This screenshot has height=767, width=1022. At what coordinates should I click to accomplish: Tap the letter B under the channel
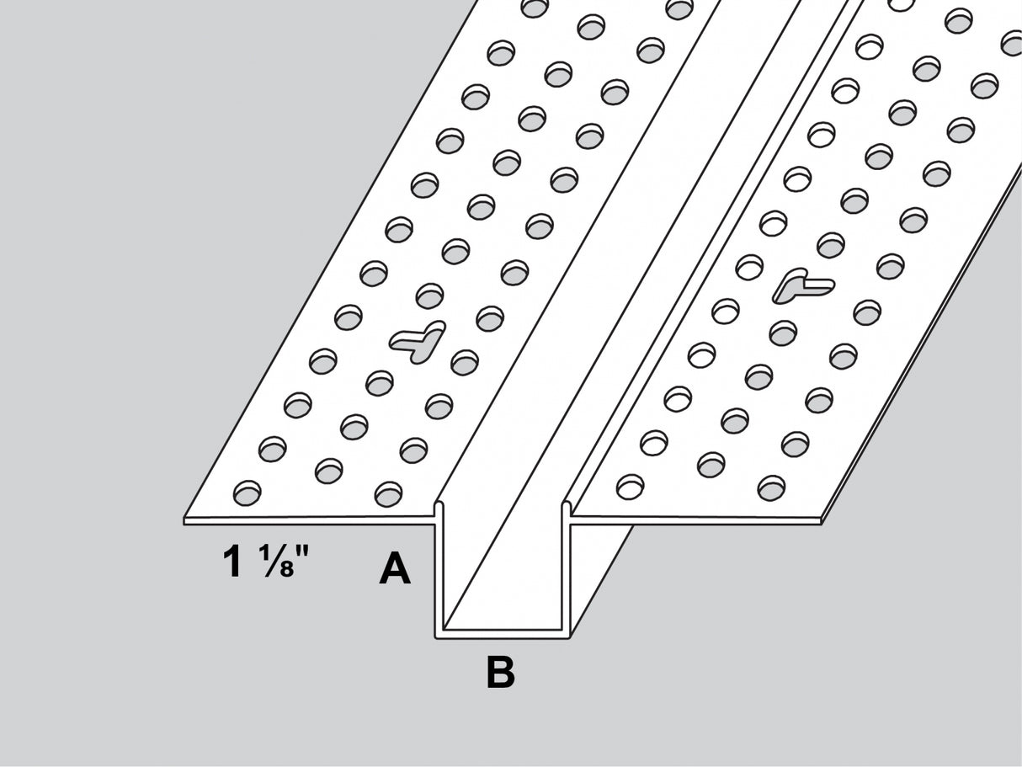click(x=501, y=672)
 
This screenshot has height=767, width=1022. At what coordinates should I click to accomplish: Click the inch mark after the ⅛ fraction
click(x=302, y=553)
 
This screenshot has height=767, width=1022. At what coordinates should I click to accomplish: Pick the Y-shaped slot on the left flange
click(x=418, y=341)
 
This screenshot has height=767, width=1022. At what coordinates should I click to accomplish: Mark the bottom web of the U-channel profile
click(x=503, y=634)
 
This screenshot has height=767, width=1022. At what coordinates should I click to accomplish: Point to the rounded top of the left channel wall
click(x=439, y=505)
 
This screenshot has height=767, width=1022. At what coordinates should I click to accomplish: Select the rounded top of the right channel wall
click(x=567, y=505)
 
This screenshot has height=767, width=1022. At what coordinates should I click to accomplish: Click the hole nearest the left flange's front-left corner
click(x=248, y=493)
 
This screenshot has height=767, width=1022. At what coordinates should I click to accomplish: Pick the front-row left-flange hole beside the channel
click(x=389, y=494)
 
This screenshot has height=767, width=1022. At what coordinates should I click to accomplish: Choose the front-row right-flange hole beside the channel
click(x=630, y=487)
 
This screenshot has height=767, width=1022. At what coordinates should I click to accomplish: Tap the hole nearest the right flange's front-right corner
click(x=771, y=488)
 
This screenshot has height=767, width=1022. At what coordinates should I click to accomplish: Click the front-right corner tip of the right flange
click(x=822, y=521)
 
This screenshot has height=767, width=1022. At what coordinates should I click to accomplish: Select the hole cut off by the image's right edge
click(x=1012, y=42)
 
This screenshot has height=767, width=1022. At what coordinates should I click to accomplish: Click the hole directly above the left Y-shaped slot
click(x=429, y=296)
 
